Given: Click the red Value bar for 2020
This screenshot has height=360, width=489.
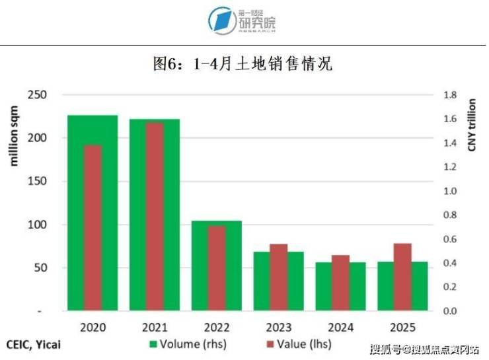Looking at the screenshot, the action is [93, 228].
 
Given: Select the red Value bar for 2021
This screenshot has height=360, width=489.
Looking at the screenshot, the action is [155, 217].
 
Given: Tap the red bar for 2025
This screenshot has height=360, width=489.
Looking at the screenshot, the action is [402, 277].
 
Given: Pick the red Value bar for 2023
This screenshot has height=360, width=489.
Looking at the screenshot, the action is [278, 277].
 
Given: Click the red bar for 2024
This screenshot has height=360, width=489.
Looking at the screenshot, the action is [340, 283].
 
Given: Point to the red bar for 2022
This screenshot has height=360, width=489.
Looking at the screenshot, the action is [217, 268].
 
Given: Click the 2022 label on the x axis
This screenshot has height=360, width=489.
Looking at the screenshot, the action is [217, 328].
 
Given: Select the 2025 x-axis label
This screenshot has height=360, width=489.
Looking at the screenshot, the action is [402, 328].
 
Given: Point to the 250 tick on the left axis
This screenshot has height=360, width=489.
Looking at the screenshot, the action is [37, 94].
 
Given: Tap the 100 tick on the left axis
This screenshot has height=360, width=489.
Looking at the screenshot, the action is [37, 225].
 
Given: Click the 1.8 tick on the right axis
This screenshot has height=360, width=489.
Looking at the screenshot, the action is [450, 94].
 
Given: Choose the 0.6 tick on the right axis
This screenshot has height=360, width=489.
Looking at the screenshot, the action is [450, 239].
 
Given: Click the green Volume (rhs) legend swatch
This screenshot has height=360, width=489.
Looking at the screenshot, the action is [153, 344].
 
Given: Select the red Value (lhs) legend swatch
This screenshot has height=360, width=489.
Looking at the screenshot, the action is [270, 344].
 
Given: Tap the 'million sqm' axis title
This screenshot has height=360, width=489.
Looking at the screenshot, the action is [13, 135].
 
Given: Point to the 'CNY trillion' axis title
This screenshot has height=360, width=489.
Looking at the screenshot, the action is [472, 125].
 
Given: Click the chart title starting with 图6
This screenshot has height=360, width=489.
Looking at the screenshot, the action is [243, 63].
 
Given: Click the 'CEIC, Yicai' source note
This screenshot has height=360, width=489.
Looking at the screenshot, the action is [33, 345].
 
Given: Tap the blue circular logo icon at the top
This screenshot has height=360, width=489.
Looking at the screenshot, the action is [222, 20].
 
